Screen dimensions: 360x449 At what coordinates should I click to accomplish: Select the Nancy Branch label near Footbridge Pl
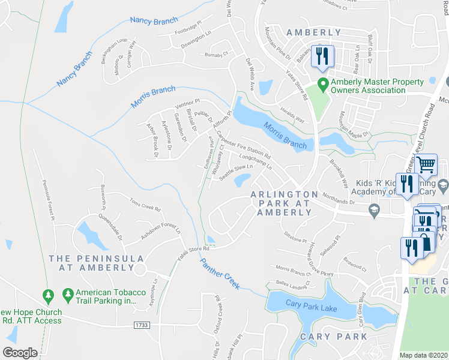(154, 20)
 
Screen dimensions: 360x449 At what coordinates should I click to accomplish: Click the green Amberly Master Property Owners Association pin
(323, 84)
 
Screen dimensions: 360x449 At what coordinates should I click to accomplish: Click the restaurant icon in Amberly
(324, 56)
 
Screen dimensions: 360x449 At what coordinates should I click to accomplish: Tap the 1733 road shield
(142, 325)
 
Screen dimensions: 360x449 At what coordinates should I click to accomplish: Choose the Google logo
(20, 353)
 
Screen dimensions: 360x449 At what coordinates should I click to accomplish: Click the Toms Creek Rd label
(145, 209)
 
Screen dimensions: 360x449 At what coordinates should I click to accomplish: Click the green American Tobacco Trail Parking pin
(67, 295)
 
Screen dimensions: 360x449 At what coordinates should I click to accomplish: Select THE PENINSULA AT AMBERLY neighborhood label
(97, 263)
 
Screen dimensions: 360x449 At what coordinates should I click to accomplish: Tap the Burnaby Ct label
(217, 55)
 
